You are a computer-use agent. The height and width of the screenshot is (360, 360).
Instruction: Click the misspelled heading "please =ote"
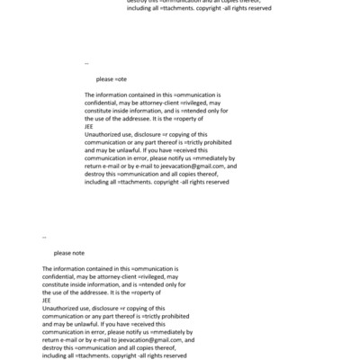111,79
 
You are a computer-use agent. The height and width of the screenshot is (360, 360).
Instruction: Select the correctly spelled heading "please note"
69,254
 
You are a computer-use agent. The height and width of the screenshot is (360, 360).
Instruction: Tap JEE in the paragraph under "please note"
47,301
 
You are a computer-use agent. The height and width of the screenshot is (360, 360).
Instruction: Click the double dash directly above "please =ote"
86,63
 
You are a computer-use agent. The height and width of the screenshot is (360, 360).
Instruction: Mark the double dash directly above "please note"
45,238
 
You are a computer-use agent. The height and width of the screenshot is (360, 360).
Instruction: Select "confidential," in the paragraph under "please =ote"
103,102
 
